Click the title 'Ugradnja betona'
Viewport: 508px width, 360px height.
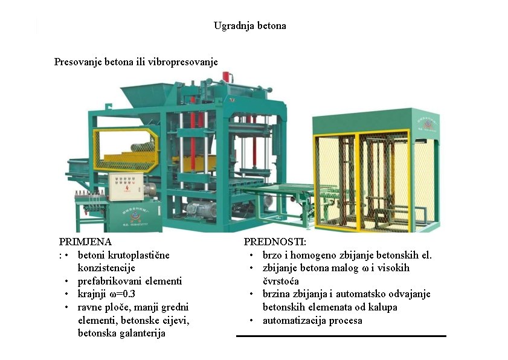[250, 25]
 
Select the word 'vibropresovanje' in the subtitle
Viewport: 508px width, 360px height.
[183, 62]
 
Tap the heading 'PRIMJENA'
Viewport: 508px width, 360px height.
[85, 242]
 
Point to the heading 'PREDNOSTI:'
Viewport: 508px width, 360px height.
[275, 242]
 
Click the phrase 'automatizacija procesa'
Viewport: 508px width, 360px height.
[312, 321]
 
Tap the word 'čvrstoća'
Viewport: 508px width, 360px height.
[280, 281]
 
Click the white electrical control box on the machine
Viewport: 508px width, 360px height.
[126, 187]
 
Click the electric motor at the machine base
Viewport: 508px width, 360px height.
[202, 209]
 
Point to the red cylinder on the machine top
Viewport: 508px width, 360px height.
[225, 77]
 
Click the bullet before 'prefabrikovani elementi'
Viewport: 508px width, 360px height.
[66, 281]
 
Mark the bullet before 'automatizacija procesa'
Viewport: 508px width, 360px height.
[251, 321]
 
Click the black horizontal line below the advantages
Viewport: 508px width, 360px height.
[341, 336]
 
